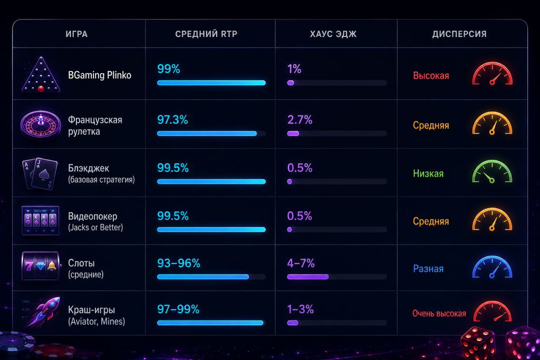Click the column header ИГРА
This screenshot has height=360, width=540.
(x=76, y=34)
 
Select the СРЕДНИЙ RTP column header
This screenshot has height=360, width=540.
(x=206, y=34)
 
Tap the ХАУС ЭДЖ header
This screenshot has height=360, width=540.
(x=333, y=34)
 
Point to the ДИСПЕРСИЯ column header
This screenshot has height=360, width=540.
(x=459, y=34)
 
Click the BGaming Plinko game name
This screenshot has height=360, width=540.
(x=100, y=75)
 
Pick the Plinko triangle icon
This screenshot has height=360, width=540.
(x=41, y=75)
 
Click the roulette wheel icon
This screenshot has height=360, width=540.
(x=41, y=125)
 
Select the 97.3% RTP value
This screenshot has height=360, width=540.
(x=172, y=120)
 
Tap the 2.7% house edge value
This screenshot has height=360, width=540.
(x=300, y=120)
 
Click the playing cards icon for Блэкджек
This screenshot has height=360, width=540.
(x=40, y=174)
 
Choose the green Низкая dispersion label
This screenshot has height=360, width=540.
(x=428, y=173)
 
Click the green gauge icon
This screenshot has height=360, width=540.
(x=492, y=171)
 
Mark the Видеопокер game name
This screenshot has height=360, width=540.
(x=93, y=216)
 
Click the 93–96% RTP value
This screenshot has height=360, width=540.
(x=178, y=264)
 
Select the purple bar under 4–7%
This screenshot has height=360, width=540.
(x=308, y=277)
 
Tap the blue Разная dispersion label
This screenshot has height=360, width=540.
(x=428, y=268)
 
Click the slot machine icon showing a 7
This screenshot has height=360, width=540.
(x=40, y=266)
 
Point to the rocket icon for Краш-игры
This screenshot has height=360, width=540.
(x=43, y=312)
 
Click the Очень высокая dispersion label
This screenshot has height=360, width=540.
(x=439, y=314)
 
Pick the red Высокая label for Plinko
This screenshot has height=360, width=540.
(x=431, y=76)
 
